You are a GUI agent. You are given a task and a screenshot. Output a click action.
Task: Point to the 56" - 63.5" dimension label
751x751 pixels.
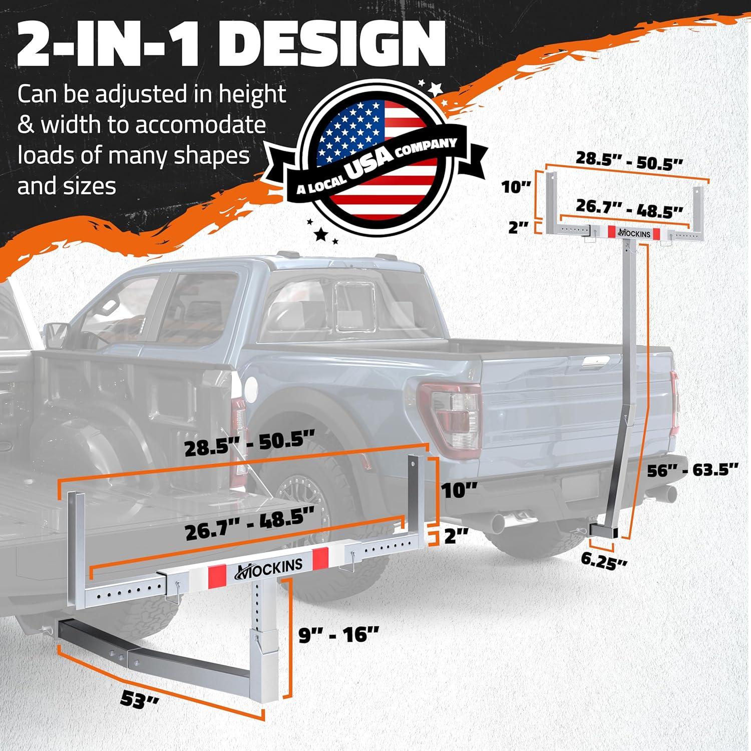tap(692, 471)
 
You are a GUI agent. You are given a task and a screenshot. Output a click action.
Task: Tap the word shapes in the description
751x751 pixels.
tap(211, 156)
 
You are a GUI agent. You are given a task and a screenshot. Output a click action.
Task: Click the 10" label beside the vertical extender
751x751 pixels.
tap(516, 188)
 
